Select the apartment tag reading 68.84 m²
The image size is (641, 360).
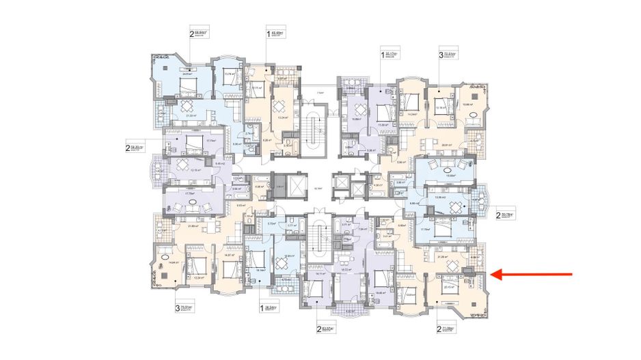tap(198, 31)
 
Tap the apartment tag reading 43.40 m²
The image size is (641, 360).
tap(275, 31)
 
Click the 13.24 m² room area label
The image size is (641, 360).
tap(280, 117)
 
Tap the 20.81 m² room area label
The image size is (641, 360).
tap(448, 145)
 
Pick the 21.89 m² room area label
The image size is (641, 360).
tap(193, 226)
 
